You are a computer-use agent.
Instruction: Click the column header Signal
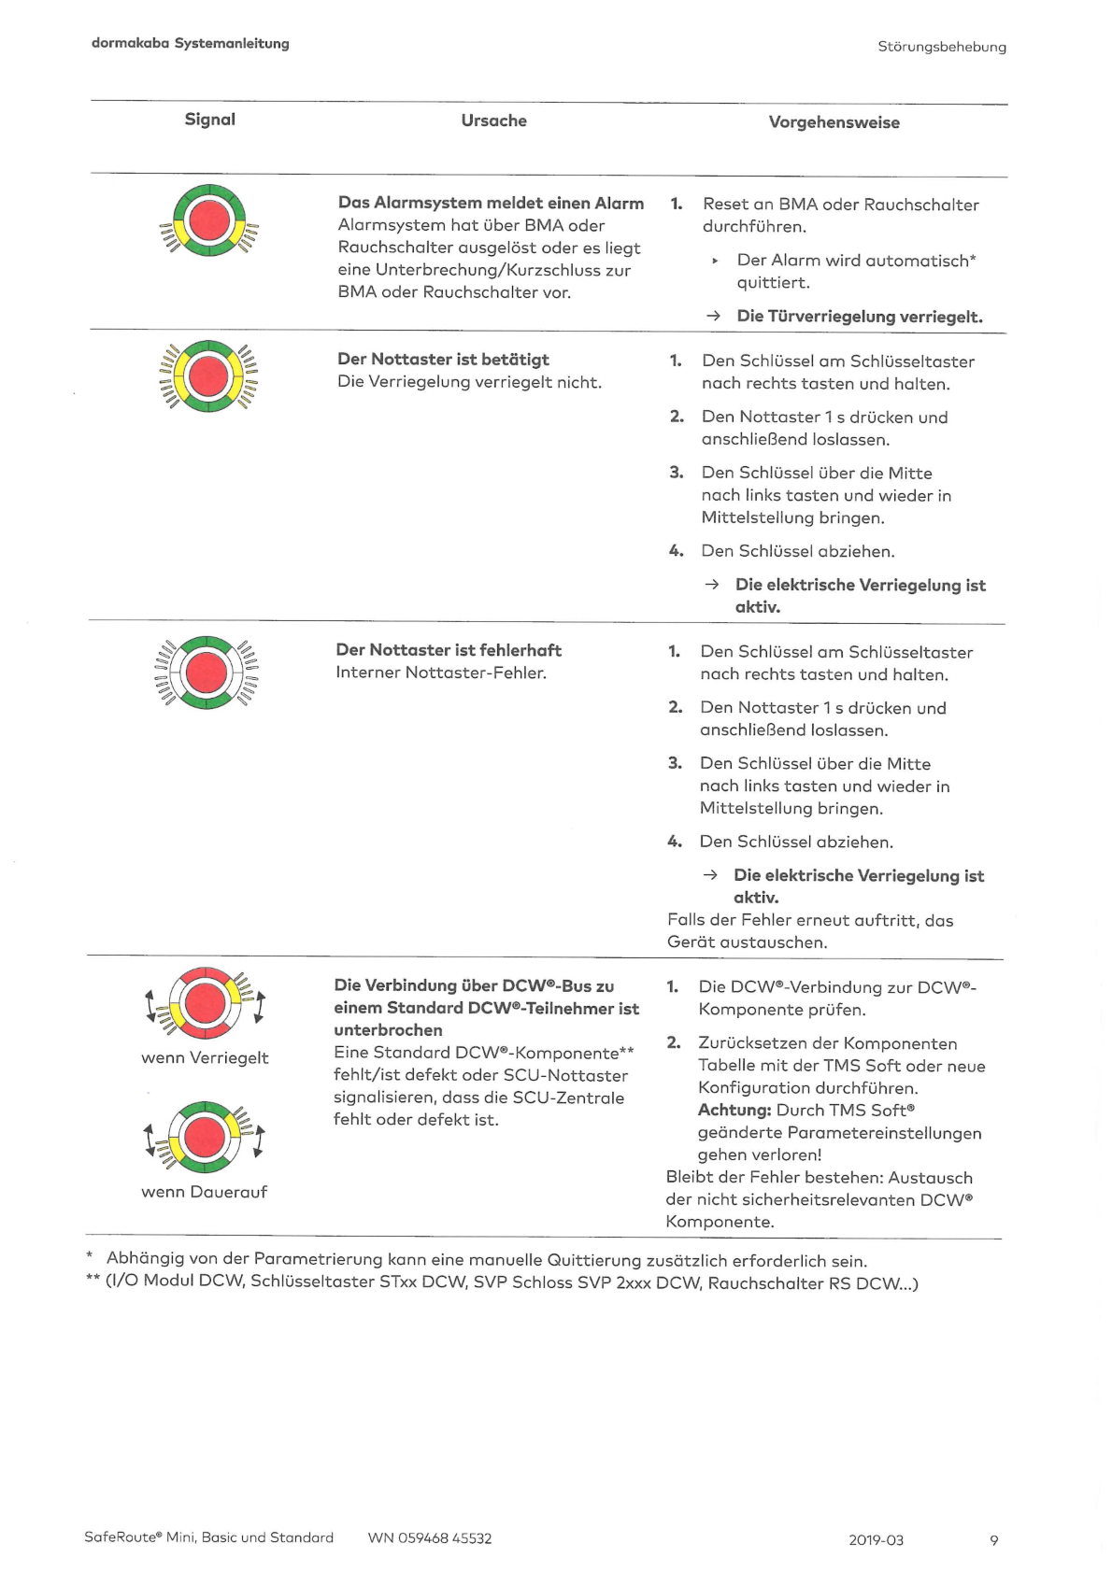coord(209,120)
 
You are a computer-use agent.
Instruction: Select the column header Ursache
coord(493,120)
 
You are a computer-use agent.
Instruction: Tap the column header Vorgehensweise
coord(834,122)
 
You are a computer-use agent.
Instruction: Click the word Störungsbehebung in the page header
coord(942,47)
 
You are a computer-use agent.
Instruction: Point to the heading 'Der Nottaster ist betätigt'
coord(443,360)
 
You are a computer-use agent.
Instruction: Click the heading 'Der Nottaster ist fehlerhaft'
coord(449,650)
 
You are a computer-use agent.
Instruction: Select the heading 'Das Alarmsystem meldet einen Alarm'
coord(491,203)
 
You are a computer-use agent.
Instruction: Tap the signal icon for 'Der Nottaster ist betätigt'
coord(208,376)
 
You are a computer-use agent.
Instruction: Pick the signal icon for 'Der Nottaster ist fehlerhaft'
coord(207,673)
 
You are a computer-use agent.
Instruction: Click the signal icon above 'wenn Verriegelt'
coord(205,1003)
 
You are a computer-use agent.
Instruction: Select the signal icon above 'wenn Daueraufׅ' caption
coord(205,1137)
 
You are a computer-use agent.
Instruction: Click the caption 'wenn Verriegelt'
coord(205,1058)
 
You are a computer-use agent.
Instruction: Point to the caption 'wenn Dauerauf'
coord(204,1192)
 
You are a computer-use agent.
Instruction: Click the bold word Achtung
coord(734,1111)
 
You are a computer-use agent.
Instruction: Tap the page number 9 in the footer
coord(993,1540)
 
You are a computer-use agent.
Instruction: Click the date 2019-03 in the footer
coord(876,1540)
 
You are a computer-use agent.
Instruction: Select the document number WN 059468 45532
coord(429,1538)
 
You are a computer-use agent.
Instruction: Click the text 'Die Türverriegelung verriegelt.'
coord(859,317)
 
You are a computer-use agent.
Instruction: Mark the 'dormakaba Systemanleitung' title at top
coord(191,44)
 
